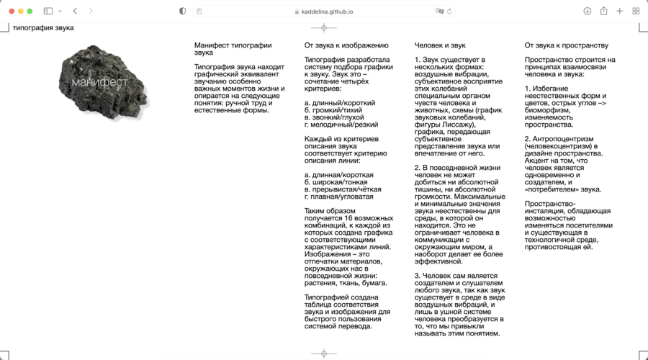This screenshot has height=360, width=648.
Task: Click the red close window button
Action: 11,12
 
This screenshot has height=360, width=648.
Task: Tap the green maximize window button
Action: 30,12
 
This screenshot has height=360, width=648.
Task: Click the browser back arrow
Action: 75,12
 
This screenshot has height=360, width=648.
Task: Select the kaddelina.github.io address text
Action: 328,12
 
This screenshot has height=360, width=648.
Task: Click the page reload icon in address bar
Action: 450,12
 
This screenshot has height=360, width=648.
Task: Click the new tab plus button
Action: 620,12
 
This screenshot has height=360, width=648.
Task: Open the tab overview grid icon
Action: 636,12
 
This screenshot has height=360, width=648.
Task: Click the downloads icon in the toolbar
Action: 587,12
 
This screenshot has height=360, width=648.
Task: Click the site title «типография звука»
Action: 43,28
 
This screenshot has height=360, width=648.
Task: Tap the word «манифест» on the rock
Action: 99,82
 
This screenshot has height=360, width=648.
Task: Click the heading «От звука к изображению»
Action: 346,45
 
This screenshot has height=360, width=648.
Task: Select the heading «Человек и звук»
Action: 441,45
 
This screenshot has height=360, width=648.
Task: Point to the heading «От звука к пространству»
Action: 567,45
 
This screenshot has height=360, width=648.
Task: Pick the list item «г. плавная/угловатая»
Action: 338,197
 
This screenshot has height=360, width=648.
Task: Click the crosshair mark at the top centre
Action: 323,28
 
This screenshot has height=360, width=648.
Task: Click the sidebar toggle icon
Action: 48,12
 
